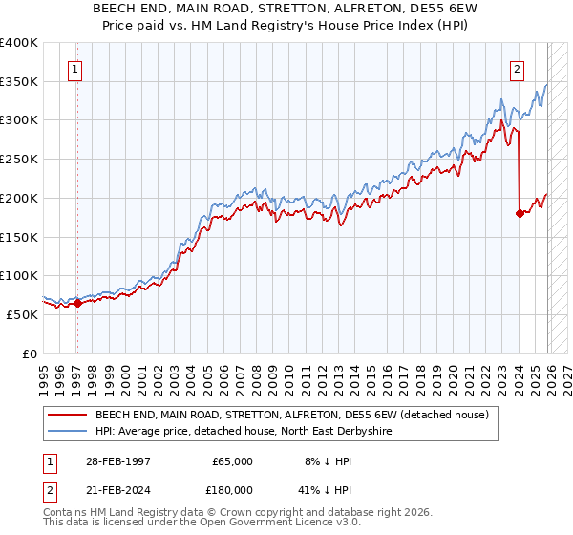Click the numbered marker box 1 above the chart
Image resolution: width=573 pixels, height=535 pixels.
click(74, 68)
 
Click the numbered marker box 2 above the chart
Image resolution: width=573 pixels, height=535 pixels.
click(517, 68)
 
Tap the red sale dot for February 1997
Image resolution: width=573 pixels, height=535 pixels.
click(77, 303)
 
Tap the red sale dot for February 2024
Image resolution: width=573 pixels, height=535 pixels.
click(520, 213)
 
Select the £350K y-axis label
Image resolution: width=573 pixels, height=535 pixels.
click(19, 81)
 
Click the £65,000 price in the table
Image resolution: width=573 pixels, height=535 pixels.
click(232, 460)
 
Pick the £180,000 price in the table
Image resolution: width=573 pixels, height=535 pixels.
click(229, 489)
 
